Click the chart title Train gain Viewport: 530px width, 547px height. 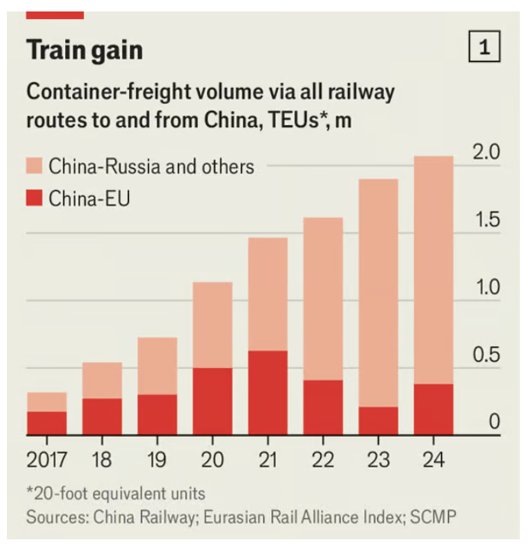tap(85, 50)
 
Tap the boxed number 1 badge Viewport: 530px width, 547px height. tap(483, 49)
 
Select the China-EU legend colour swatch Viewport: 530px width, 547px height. tap(34, 199)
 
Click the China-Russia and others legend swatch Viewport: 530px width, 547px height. tap(34, 166)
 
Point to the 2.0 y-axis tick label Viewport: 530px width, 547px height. tap(486, 152)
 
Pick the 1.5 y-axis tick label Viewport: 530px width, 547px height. tap(486, 220)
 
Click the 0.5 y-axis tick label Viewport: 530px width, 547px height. tap(486, 355)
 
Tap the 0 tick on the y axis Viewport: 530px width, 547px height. tap(494, 422)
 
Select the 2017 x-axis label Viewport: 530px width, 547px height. tap(46, 461)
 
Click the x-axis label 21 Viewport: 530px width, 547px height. tap(267, 461)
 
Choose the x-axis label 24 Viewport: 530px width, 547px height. tap(433, 461)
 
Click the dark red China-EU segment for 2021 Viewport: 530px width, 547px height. tap(267, 393)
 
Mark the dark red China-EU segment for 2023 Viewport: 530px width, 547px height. tap(378, 421)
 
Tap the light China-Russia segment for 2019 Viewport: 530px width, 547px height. tap(157, 366)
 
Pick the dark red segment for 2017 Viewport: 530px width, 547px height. tap(47, 423)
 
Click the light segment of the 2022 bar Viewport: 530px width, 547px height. tap(322, 299)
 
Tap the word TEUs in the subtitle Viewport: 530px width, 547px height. tap(289, 121)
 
